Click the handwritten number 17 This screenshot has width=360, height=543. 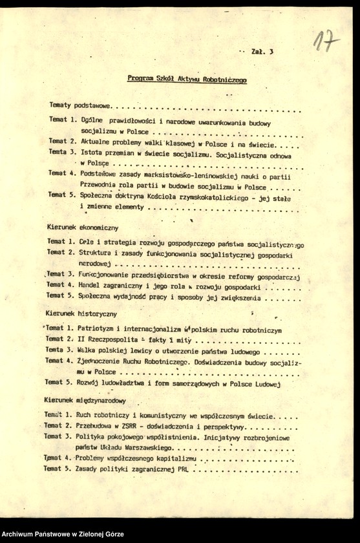click(x=326, y=42)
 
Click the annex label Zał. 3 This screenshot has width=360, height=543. click(x=262, y=51)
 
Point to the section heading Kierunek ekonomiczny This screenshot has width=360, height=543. click(x=82, y=228)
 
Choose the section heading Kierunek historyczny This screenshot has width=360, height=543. click(x=81, y=314)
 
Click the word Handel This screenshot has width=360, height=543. click(x=93, y=285)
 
